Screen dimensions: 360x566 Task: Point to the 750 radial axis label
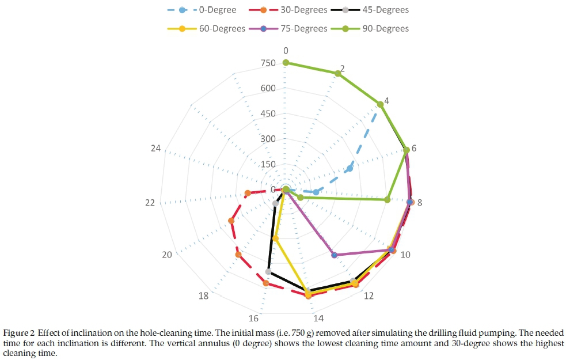(268, 63)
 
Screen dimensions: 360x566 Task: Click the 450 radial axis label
(268, 114)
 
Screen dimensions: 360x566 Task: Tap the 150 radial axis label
(268, 165)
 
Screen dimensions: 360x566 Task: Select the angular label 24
(155, 149)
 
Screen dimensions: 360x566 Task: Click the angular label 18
(203, 296)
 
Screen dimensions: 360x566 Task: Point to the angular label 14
(318, 318)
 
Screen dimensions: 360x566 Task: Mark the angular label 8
(420, 203)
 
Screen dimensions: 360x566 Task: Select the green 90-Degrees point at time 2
(338, 73)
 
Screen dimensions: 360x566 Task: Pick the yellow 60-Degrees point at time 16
(275, 238)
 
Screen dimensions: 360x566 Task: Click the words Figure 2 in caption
(18, 333)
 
